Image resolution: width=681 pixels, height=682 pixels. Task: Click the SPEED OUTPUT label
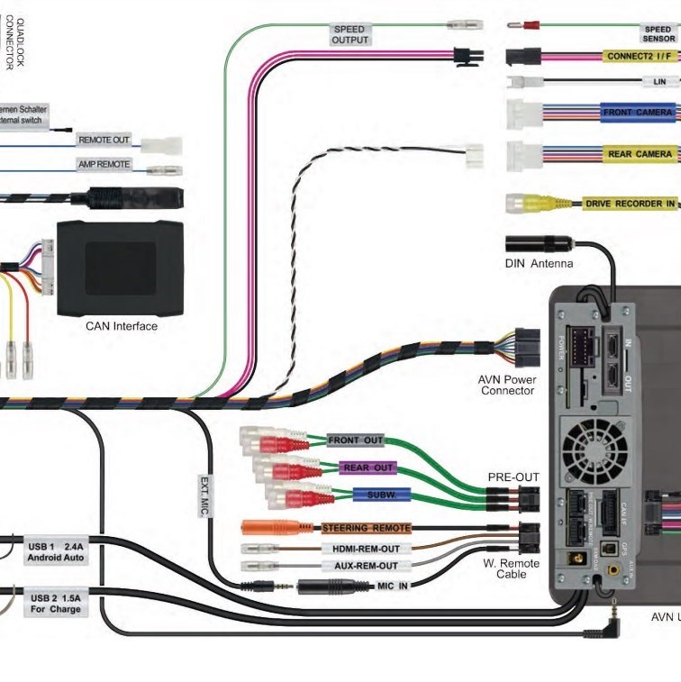pos(350,34)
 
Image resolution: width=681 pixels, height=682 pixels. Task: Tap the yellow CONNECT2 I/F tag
pos(639,56)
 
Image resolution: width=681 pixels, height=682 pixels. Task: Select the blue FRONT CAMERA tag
pos(638,113)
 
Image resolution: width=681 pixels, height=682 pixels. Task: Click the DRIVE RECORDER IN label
pos(630,204)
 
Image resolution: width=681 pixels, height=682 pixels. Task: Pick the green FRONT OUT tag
pos(356,440)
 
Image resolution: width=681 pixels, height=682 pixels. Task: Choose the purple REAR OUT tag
pos(368,468)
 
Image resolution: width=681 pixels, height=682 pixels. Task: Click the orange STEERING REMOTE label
pos(367,527)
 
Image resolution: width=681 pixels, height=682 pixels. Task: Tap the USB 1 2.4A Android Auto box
pos(56,551)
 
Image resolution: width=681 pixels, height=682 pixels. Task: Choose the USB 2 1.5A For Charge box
pos(56,604)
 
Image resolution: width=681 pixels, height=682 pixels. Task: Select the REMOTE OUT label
pos(104,141)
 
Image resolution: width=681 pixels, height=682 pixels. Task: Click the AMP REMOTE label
pos(104,165)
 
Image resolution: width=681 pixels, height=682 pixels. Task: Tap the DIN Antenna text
pos(539,264)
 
